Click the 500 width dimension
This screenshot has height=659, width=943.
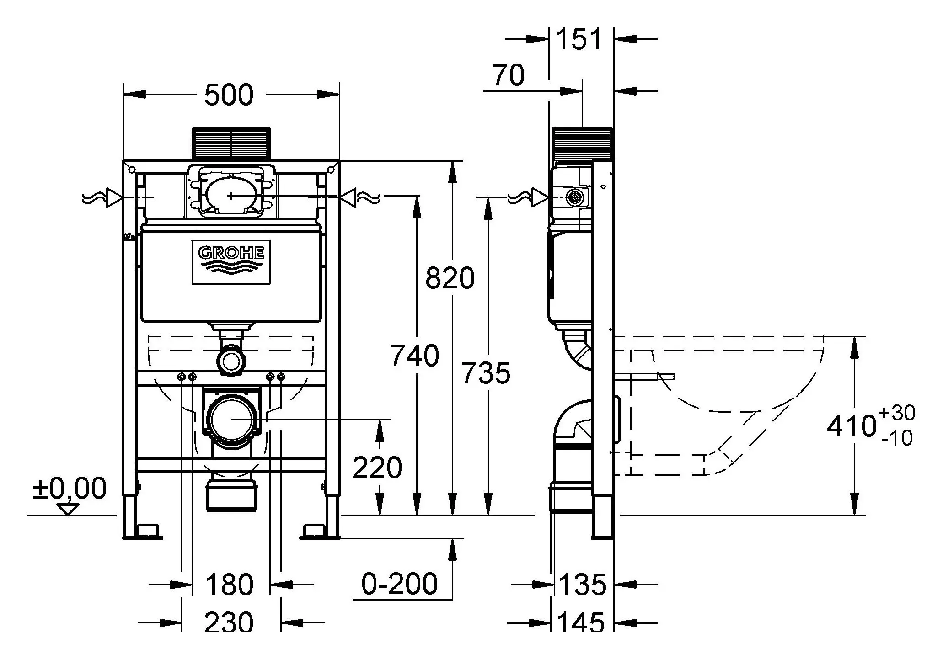[x=228, y=95]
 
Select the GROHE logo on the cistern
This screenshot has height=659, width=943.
[x=231, y=262]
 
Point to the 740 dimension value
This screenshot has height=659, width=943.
[x=414, y=356]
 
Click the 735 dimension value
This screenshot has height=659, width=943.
[x=485, y=373]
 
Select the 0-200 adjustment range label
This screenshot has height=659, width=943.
[x=399, y=584]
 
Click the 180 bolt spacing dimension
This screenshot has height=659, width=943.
[x=229, y=585]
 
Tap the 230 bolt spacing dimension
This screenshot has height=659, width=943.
[x=228, y=622]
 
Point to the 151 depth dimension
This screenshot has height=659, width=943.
[x=579, y=39]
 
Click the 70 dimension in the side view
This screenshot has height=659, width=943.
[x=508, y=75]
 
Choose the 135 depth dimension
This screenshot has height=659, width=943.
[x=582, y=585]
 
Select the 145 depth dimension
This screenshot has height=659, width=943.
[x=581, y=622]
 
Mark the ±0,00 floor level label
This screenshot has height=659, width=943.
[x=69, y=489]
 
